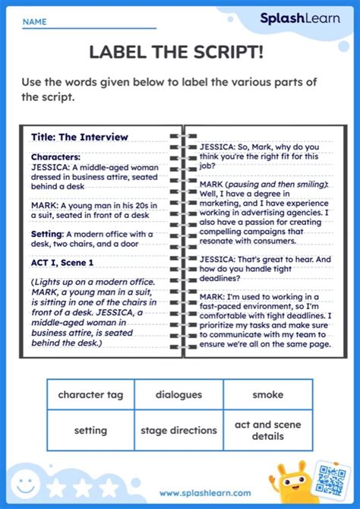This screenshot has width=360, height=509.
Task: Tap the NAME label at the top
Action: coord(34,23)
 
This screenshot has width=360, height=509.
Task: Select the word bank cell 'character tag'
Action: coord(90,395)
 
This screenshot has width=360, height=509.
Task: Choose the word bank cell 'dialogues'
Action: coord(178,395)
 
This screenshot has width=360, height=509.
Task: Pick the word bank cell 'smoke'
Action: coord(268,395)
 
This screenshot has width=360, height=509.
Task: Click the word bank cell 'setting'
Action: coord(90,431)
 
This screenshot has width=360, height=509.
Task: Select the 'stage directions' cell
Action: coord(178,431)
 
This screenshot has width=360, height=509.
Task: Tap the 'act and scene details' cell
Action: coord(268,431)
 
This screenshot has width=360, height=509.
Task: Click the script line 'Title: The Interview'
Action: coord(80,138)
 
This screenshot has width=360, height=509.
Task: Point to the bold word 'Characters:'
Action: coord(55,156)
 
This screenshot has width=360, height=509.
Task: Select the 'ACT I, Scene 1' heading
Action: coord(62,262)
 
